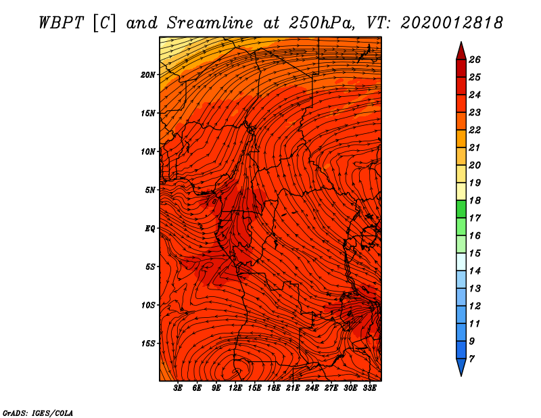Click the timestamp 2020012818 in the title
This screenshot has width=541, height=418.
point(452,22)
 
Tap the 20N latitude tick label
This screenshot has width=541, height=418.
point(148,74)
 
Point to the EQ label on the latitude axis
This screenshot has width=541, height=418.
point(150,228)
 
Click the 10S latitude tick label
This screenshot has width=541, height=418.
point(148,305)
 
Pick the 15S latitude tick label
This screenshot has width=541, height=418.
point(148,344)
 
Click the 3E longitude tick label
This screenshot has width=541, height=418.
point(178,388)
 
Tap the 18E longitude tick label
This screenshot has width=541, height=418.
point(274,388)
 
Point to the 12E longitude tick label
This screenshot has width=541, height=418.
point(235,388)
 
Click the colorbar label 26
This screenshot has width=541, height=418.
point(474,60)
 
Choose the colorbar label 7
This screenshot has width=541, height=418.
point(471,358)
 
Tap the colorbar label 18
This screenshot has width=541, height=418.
point(474,200)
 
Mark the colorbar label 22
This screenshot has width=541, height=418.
point(474,130)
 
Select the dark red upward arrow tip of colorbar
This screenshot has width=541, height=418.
point(461,48)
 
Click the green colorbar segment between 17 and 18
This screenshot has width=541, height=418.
point(461,209)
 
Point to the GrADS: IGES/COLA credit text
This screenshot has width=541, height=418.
point(38,412)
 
